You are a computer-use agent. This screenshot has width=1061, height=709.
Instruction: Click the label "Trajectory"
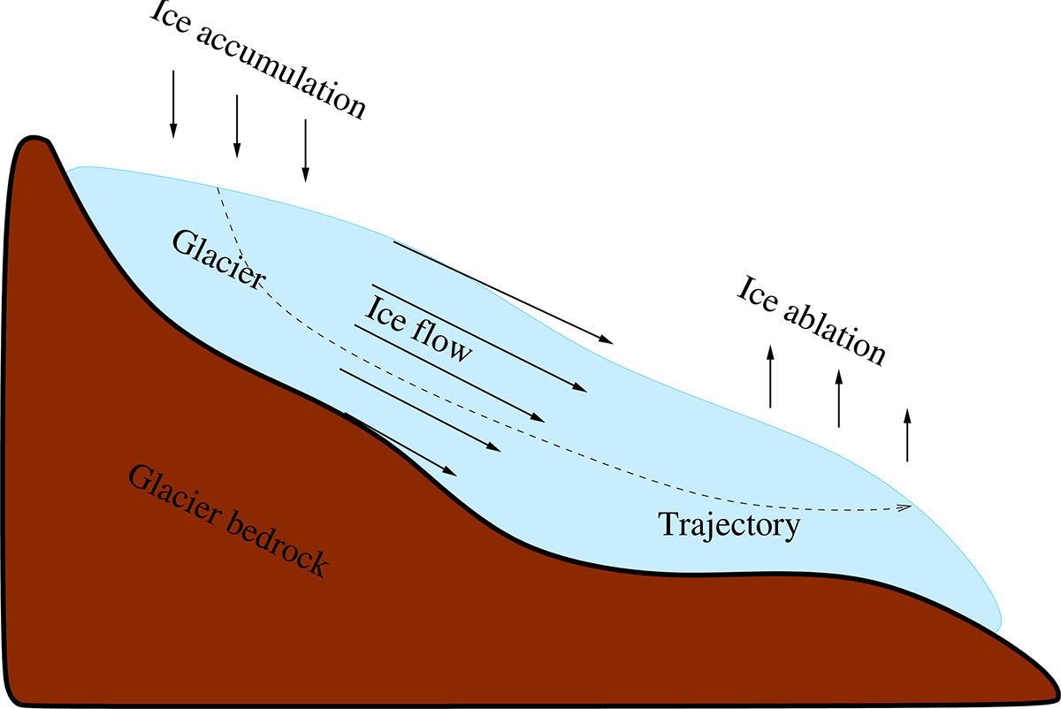pyautogui.click(x=729, y=527)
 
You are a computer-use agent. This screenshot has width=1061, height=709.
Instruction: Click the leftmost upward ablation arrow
pyautogui.click(x=770, y=376)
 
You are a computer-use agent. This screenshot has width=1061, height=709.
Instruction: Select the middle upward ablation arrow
pyautogui.click(x=838, y=397)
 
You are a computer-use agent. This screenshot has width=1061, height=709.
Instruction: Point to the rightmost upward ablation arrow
pyautogui.click(x=906, y=434)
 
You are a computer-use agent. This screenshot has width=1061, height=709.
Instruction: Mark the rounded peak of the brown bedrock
pyautogui.click(x=34, y=141)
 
